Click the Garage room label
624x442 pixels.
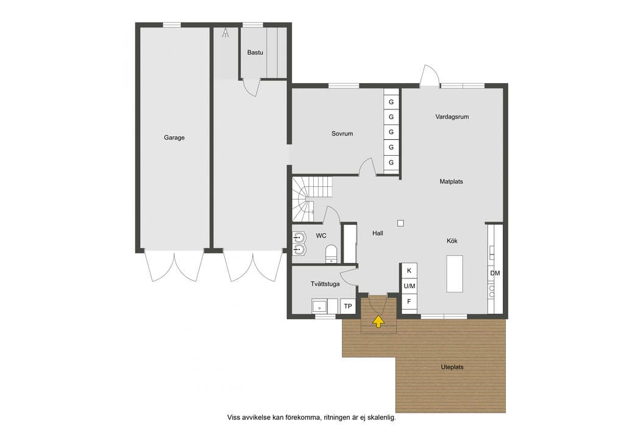(x=174, y=137)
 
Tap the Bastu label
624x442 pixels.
(x=255, y=53)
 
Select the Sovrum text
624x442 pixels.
(x=342, y=134)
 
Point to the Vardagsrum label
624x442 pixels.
(x=452, y=117)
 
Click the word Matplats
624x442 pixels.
(x=452, y=181)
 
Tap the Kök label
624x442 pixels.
(x=452, y=241)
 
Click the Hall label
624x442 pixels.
(x=378, y=233)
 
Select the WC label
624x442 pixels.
(x=321, y=236)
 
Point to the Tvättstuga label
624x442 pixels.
(x=325, y=284)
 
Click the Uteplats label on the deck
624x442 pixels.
(x=452, y=367)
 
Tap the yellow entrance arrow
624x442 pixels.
(x=378, y=321)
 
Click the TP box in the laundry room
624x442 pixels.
(x=348, y=306)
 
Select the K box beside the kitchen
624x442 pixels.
(x=409, y=270)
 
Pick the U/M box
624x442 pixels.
(x=409, y=286)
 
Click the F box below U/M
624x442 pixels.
(x=409, y=302)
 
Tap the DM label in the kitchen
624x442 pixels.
(x=495, y=273)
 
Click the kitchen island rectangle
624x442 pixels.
(x=455, y=274)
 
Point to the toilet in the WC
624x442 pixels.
(x=331, y=254)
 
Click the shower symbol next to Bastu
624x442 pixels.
(x=225, y=33)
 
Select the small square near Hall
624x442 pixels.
(x=401, y=223)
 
